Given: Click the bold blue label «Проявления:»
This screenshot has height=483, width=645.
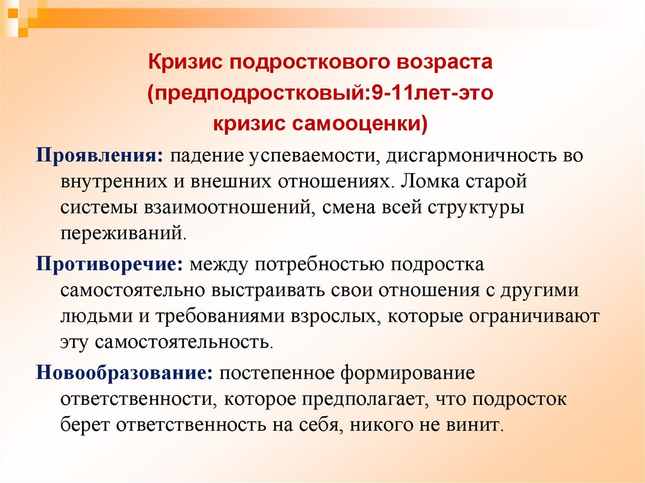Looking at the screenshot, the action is pyautogui.click(x=100, y=156).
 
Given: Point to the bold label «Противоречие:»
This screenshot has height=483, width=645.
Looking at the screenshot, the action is pyautogui.click(x=110, y=264).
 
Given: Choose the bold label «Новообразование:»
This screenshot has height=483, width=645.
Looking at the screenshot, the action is pyautogui.click(x=124, y=373).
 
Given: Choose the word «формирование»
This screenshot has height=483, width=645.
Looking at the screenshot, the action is pyautogui.click(x=408, y=373).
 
